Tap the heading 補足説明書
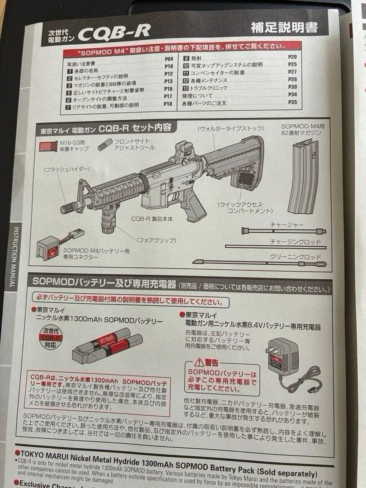(284, 28)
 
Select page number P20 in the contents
(292, 57)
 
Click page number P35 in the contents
(292, 103)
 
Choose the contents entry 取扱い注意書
(81, 64)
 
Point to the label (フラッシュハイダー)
(66, 169)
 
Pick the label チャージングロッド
(296, 242)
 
